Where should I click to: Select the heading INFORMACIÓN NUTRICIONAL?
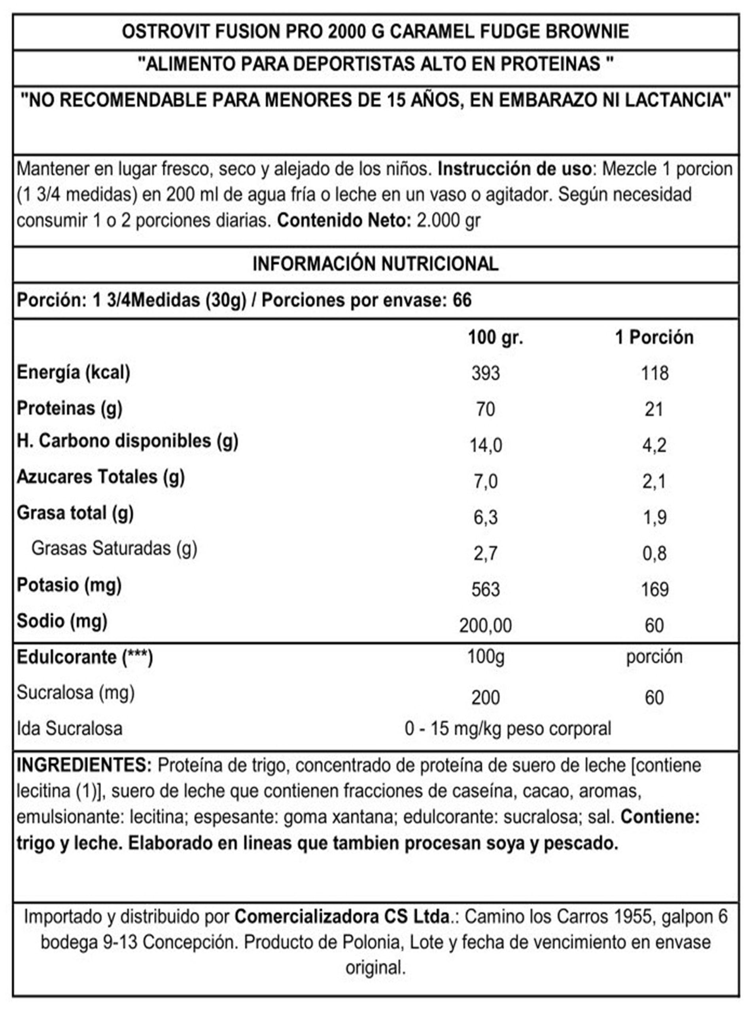pyautogui.click(x=375, y=264)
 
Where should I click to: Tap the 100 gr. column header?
pyautogui.click(x=496, y=338)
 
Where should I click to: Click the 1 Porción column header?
pyautogui.click(x=654, y=338)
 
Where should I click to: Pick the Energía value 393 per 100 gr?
pyautogui.click(x=486, y=374)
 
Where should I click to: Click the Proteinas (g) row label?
pyautogui.click(x=69, y=408)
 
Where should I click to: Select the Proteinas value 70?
pyautogui.click(x=485, y=409)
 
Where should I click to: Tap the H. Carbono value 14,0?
pyautogui.click(x=486, y=446)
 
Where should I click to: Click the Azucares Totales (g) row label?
pyautogui.click(x=101, y=477)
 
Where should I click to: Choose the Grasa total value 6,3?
pyautogui.click(x=486, y=518)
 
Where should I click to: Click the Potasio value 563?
pyautogui.click(x=486, y=589)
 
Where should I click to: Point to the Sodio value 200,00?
pyautogui.click(x=486, y=626)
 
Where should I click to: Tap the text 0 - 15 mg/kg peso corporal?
pyautogui.click(x=508, y=729)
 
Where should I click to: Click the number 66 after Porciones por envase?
pyautogui.click(x=462, y=300)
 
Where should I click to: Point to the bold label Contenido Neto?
pyautogui.click(x=344, y=221)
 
